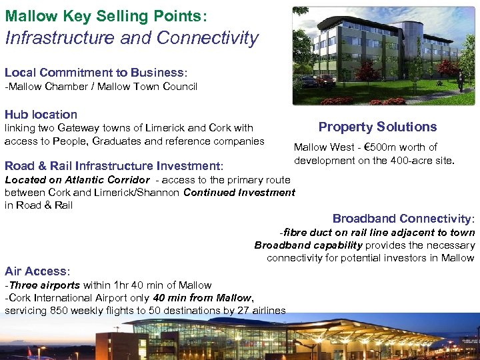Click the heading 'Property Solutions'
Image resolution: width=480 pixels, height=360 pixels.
(377, 127)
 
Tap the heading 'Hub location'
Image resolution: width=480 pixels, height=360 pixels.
(41, 115)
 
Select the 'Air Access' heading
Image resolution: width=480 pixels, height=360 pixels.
(36, 271)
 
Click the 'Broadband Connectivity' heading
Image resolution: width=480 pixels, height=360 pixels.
(403, 219)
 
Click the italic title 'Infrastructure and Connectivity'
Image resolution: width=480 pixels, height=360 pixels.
(131, 38)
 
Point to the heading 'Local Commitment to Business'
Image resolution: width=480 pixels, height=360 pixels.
(94, 72)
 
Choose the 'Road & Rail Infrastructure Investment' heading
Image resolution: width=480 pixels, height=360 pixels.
(113, 166)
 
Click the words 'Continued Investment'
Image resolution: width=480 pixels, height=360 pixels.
(239, 193)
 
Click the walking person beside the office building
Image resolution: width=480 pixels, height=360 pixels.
(460, 81)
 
